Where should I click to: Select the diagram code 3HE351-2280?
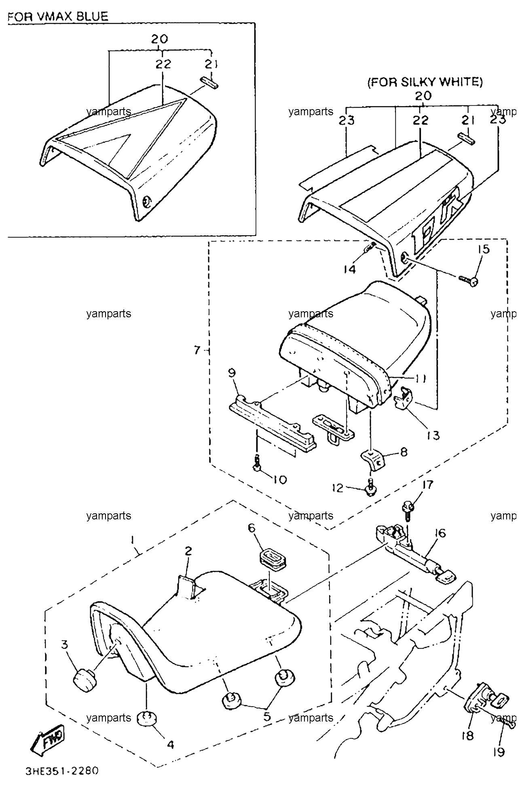coord(61,771)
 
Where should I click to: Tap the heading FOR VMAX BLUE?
coord(58,17)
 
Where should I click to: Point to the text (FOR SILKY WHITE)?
coord(425,82)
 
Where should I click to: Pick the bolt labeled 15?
coord(469,279)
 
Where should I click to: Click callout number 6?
coord(251,528)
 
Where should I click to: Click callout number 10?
coord(279,479)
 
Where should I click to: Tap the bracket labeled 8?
coord(373,460)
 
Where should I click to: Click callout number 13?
coord(432,435)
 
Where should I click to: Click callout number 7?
coord(197,350)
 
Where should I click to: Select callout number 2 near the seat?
coord(189,550)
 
